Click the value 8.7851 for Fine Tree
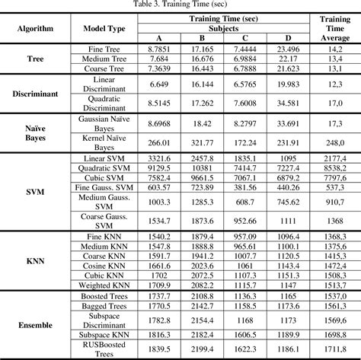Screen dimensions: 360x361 click(159, 47)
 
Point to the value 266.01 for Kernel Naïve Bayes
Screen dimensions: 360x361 click(159, 142)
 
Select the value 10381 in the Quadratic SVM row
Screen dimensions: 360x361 click(202, 167)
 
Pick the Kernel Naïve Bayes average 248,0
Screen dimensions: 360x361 click(335, 142)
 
